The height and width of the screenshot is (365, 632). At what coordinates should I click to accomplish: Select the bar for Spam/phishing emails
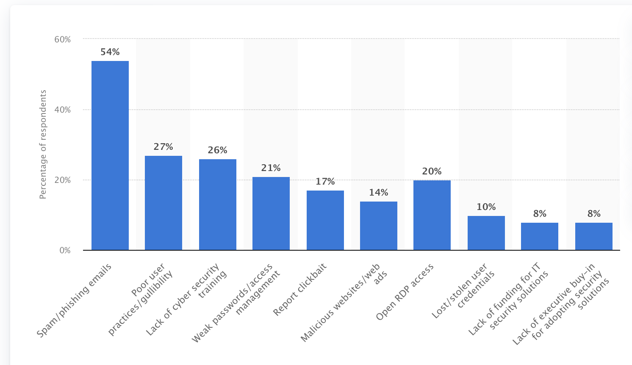click(x=110, y=155)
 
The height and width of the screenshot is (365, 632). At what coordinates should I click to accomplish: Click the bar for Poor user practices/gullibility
click(x=164, y=203)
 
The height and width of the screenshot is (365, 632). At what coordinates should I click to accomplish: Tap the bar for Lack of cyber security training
click(x=218, y=205)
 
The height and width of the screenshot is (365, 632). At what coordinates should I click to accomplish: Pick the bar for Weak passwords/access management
click(x=271, y=213)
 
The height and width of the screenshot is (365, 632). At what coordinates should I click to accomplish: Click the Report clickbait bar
click(x=325, y=220)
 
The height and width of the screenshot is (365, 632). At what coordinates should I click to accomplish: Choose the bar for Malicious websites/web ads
click(x=379, y=226)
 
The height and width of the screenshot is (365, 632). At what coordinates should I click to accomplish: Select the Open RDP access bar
click(x=432, y=215)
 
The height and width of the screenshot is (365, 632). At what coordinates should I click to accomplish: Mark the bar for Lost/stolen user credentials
click(x=486, y=233)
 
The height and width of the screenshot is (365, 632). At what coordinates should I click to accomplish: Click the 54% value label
click(x=110, y=52)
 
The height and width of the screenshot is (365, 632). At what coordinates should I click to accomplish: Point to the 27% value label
click(x=164, y=147)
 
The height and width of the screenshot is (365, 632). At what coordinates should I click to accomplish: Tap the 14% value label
click(x=379, y=193)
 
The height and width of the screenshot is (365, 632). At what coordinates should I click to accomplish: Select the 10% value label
click(x=486, y=207)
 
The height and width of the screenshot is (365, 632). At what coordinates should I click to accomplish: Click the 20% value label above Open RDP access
click(x=432, y=171)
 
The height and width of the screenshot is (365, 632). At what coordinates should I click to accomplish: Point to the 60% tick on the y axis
click(x=63, y=39)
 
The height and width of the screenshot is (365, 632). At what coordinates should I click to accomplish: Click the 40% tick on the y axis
click(x=63, y=110)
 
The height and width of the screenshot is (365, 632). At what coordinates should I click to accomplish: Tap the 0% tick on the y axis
click(x=65, y=250)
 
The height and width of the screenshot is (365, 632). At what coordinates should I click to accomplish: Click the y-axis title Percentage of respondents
click(x=43, y=144)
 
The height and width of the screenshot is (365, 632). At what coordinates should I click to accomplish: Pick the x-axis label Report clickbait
click(x=299, y=289)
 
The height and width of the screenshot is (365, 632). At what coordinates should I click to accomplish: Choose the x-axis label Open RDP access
click(x=405, y=292)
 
